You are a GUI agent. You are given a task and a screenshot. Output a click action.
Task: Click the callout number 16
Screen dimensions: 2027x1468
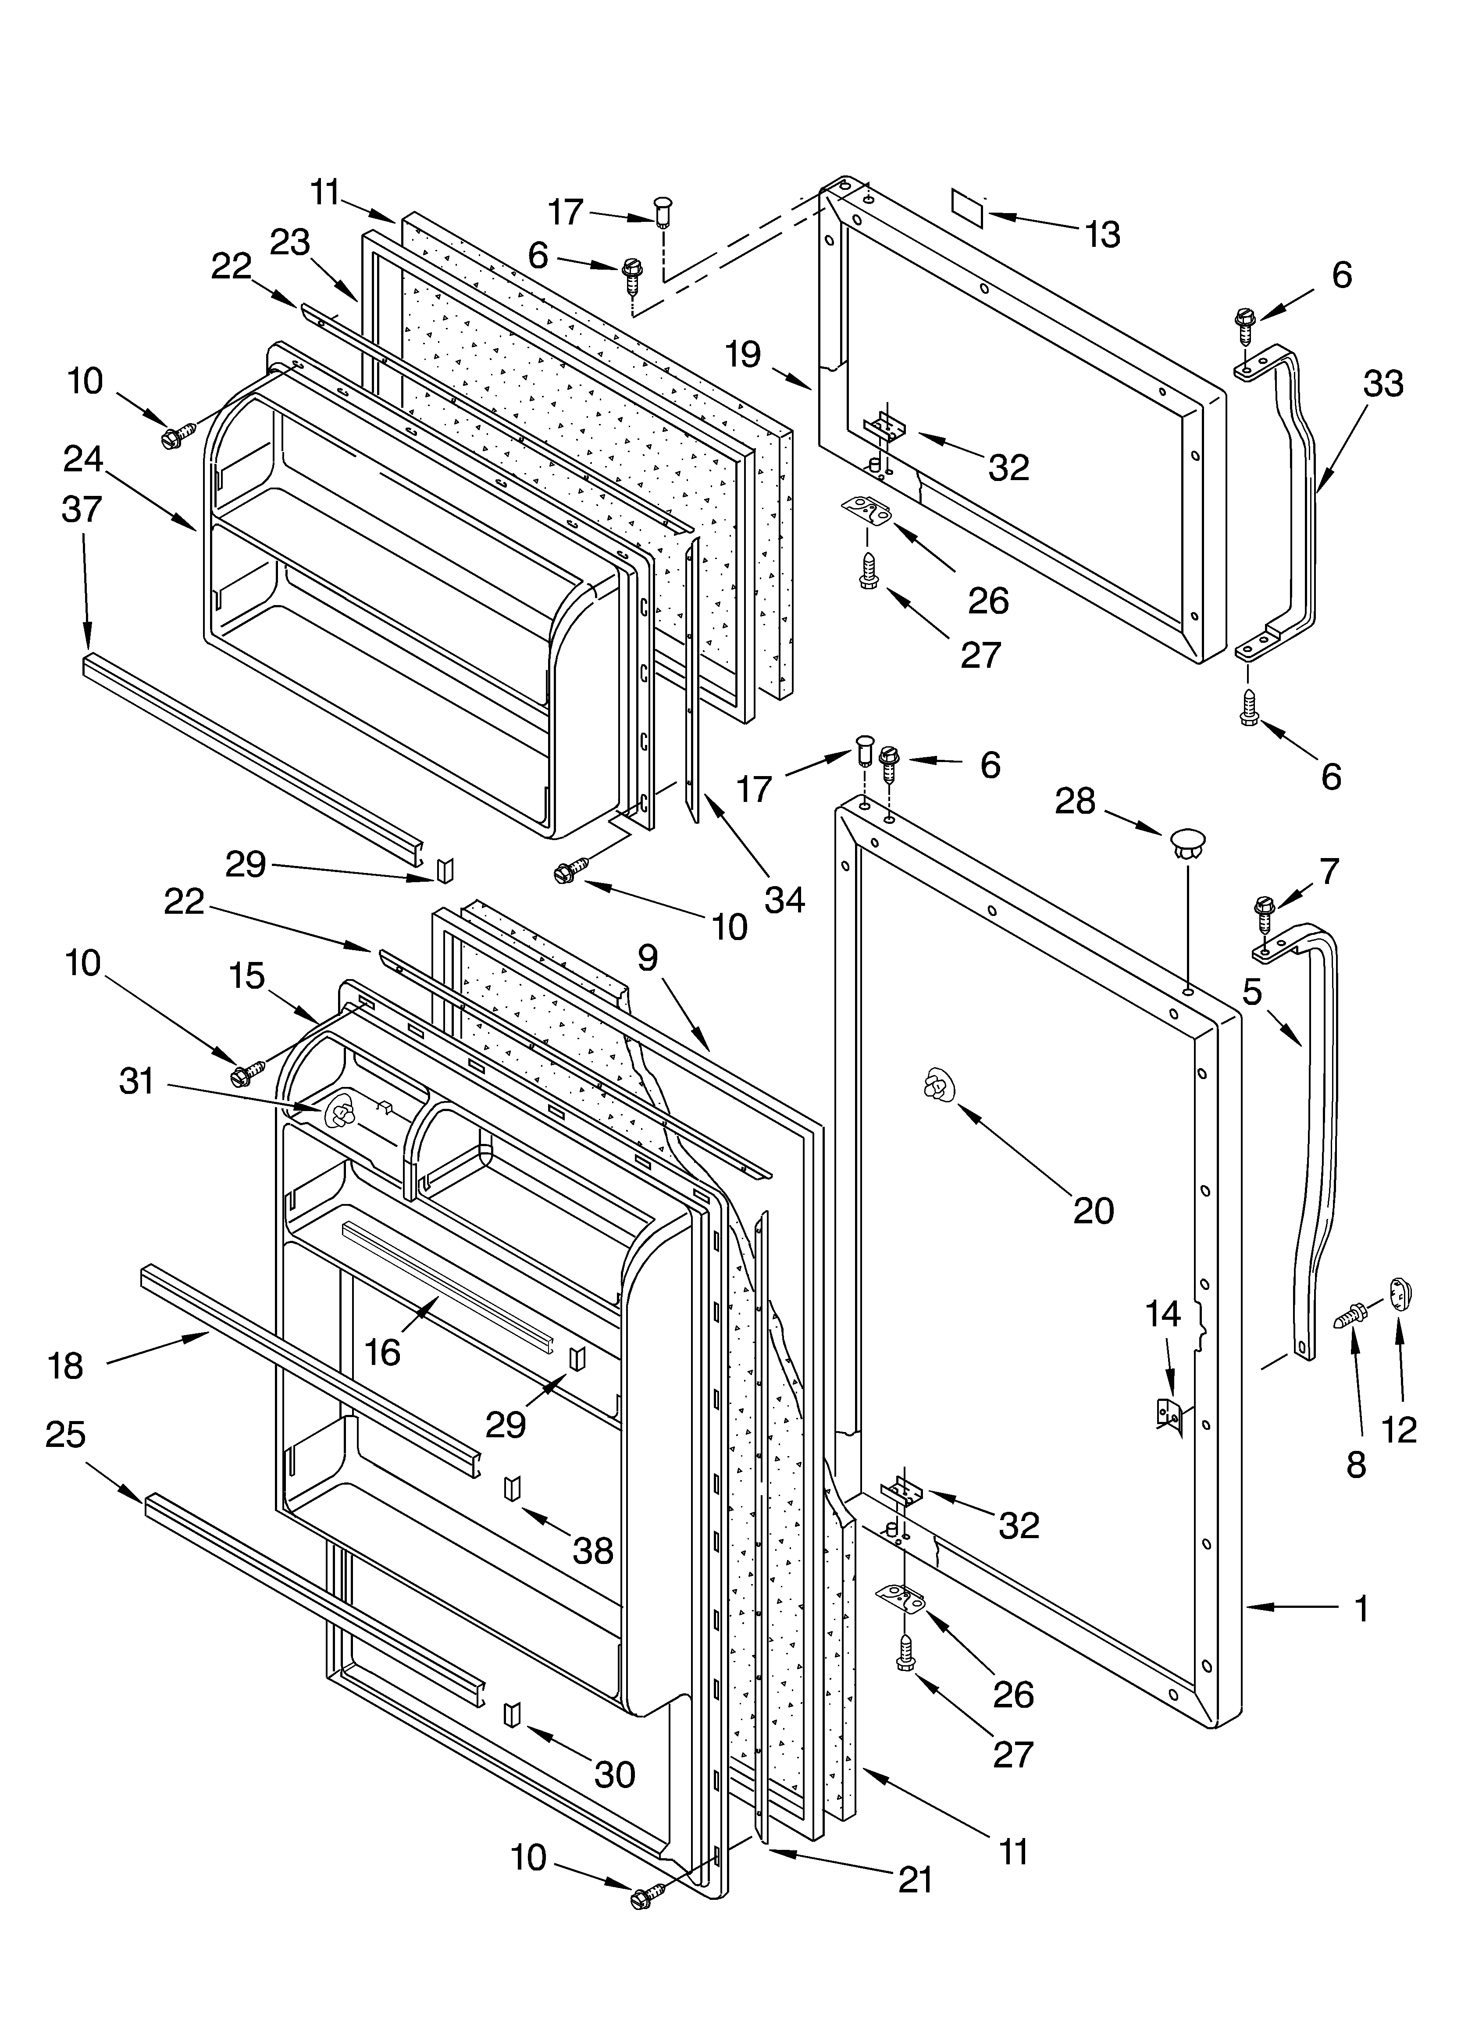click(x=383, y=1352)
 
